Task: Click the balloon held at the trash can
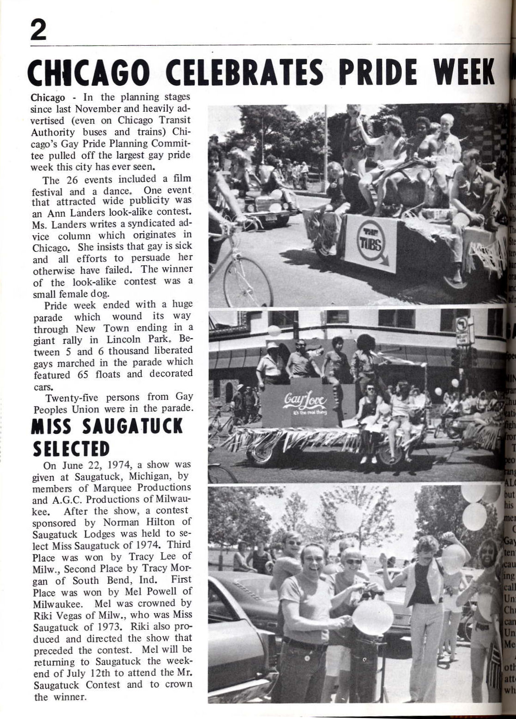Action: point(372,616)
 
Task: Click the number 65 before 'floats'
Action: point(83,374)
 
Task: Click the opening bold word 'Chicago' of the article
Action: point(47,98)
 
